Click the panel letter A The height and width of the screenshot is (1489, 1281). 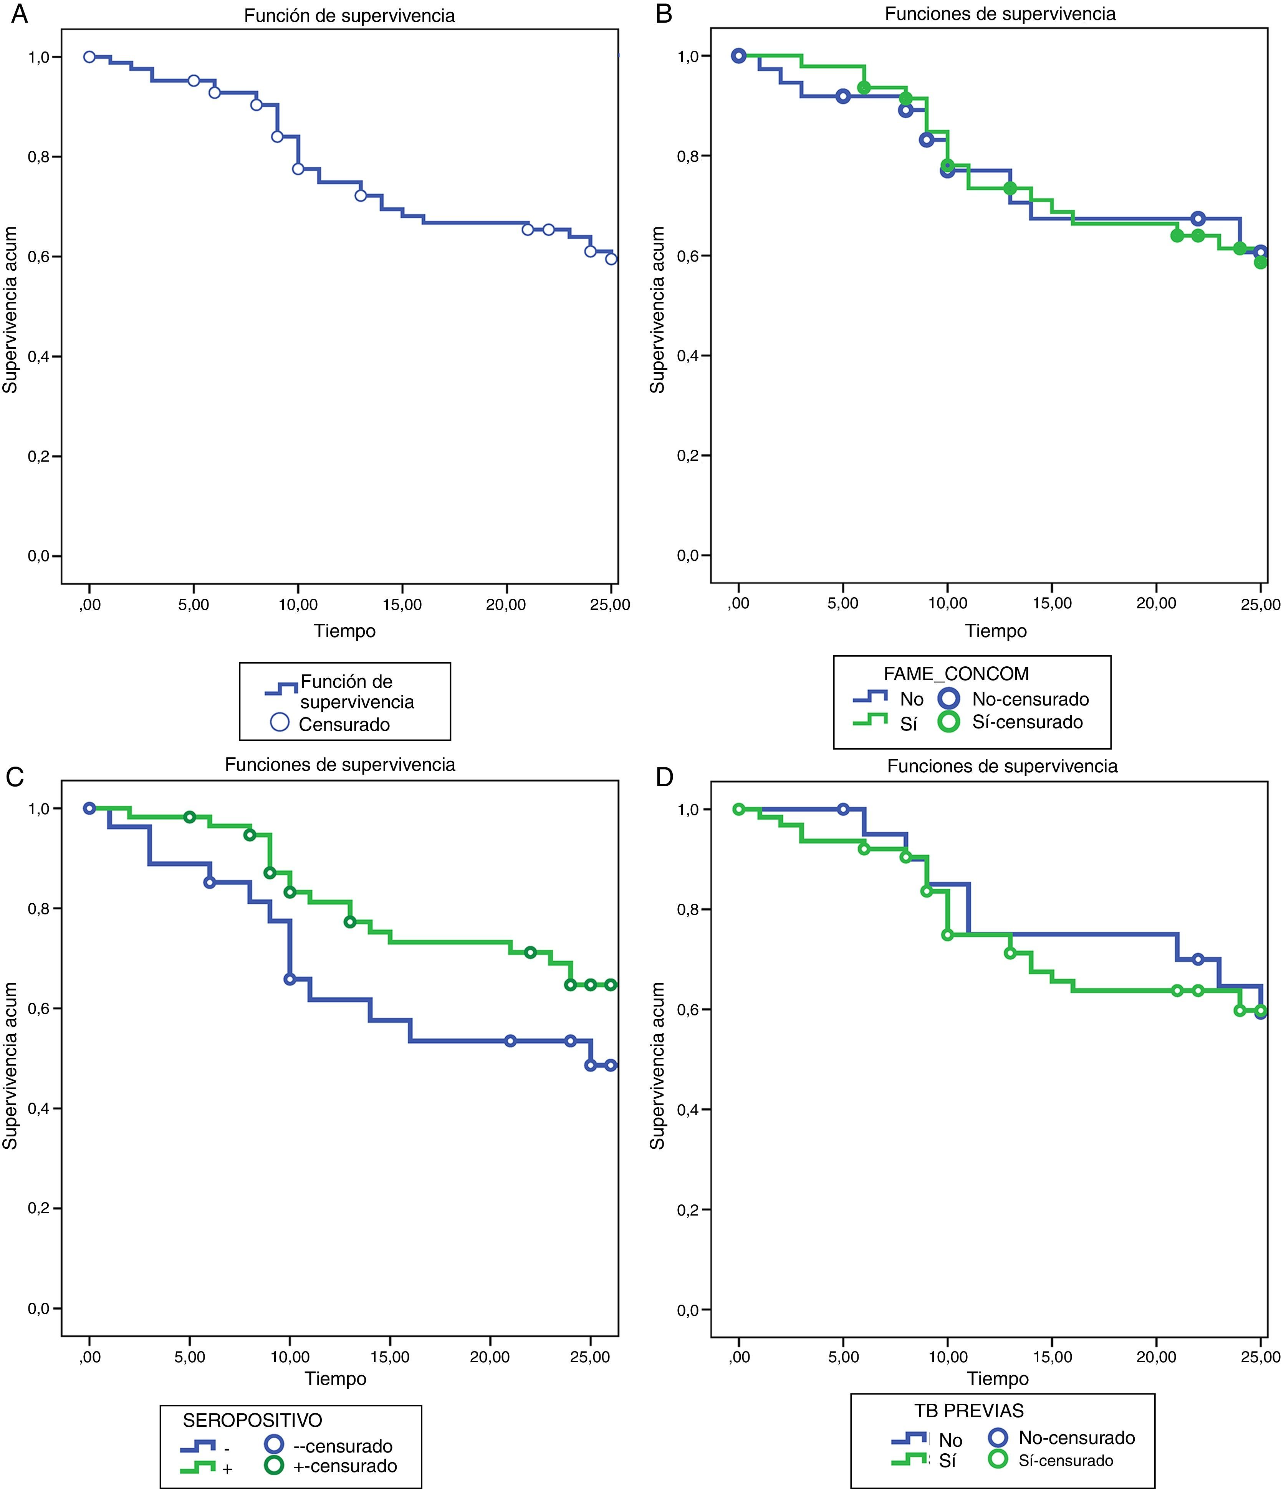point(20,14)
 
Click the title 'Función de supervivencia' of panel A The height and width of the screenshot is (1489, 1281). point(349,16)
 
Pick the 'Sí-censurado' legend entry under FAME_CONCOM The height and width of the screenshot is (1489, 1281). point(1028,722)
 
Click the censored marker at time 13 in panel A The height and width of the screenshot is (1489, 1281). point(361,195)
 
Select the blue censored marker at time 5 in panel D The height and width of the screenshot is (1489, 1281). point(844,809)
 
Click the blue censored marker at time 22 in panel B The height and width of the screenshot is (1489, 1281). point(1198,219)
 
